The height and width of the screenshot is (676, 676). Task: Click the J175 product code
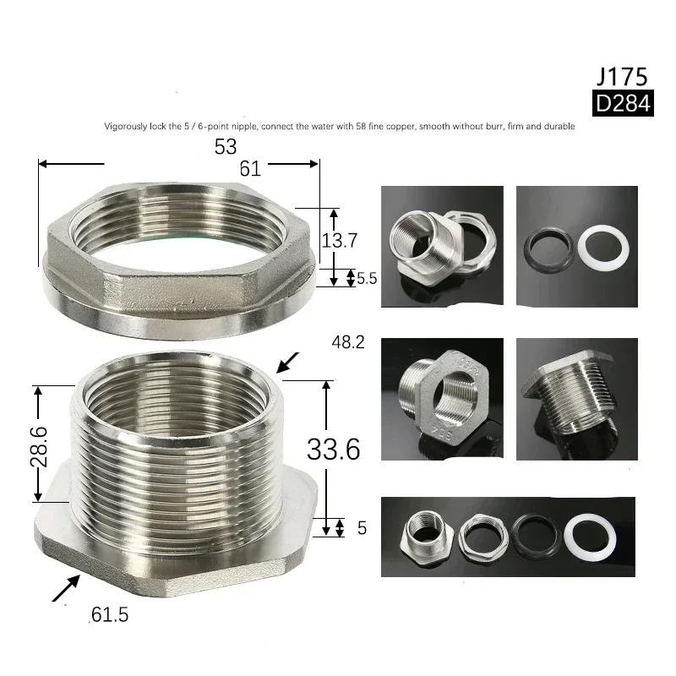[622, 77]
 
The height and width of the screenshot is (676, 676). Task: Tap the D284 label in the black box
[623, 103]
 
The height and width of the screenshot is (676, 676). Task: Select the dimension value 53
[226, 147]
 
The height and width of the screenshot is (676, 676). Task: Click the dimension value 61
[250, 168]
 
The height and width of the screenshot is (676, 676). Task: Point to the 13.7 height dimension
[340, 241]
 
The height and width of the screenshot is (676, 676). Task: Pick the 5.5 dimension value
[367, 279]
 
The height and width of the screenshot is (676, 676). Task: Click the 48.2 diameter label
[348, 342]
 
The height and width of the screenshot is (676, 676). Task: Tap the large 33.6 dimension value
[333, 450]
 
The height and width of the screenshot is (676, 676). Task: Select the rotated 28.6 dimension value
[38, 447]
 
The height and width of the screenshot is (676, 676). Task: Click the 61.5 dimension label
[110, 615]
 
